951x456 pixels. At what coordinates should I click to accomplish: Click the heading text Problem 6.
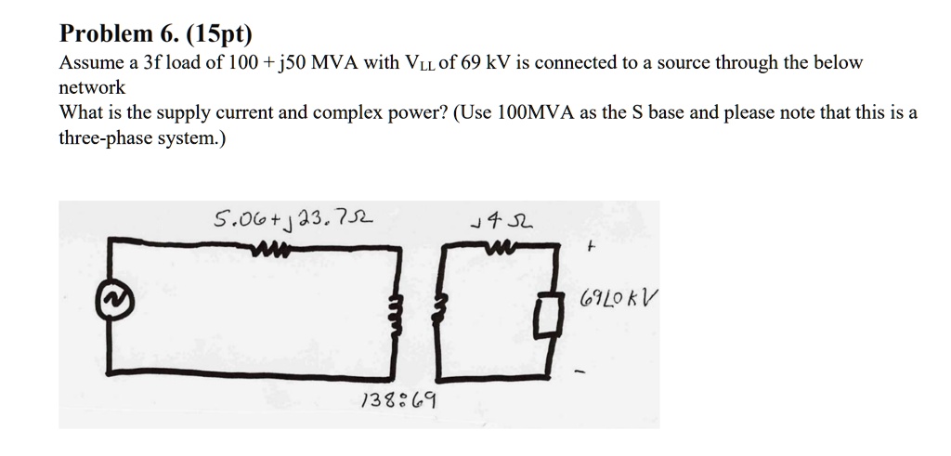pyautogui.click(x=119, y=34)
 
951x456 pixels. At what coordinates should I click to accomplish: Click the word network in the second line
pyautogui.click(x=92, y=87)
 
